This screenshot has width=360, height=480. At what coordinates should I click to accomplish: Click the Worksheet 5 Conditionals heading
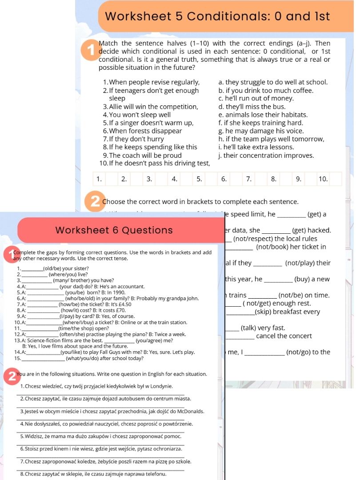tap(218, 16)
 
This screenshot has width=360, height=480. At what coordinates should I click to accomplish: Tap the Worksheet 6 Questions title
tap(114, 230)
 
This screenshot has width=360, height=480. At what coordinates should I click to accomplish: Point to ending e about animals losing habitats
tap(263, 115)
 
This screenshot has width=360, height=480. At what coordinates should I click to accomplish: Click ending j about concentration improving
tap(266, 155)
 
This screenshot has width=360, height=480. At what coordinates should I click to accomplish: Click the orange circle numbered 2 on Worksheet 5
tap(95, 202)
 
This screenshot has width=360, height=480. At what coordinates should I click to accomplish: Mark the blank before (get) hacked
tap(276, 230)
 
